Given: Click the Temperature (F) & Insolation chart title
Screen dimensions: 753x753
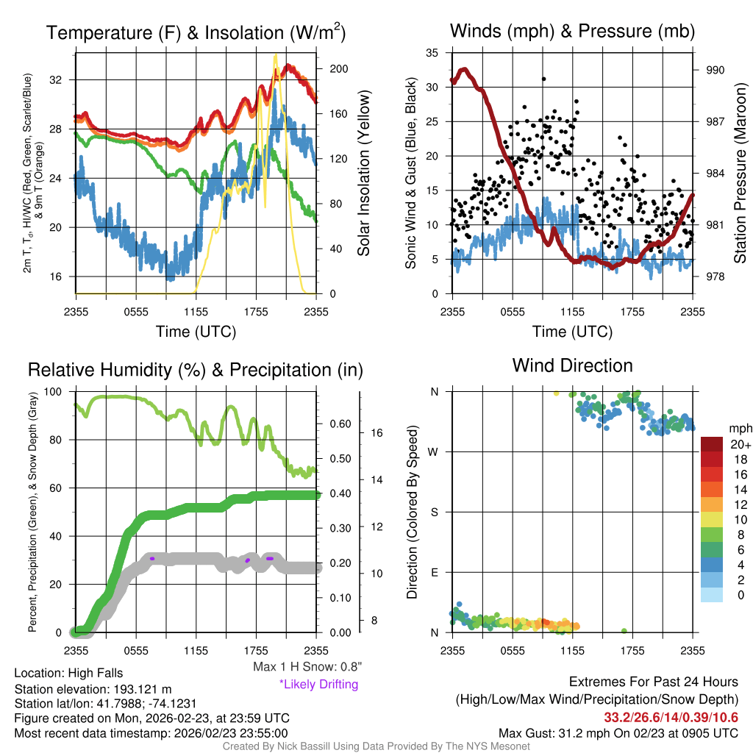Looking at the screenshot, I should click(196, 32).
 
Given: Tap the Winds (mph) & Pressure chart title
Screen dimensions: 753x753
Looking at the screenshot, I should click(572, 31).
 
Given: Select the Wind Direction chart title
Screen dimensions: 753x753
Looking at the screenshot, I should click(572, 365).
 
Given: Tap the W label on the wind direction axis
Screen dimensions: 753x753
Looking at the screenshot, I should click(434, 452).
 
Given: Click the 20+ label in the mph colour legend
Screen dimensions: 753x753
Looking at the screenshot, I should click(739, 444).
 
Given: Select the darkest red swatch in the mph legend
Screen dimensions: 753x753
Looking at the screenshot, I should click(712, 444).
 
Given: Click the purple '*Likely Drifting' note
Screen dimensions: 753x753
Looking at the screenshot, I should click(318, 685).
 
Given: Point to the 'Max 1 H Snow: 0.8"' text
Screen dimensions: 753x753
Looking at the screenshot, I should click(307, 667).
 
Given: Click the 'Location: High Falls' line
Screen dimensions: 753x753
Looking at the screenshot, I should click(68, 673).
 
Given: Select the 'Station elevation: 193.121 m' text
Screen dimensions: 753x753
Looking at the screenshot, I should click(93, 689).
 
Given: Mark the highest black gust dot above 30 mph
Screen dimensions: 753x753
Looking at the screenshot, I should click(543, 79).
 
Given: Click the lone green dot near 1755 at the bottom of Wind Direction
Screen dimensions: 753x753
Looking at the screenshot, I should click(624, 631).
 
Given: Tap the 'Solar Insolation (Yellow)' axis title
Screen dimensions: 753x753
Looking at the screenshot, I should click(363, 173).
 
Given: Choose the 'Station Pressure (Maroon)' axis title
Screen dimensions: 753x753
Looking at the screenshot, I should click(740, 173).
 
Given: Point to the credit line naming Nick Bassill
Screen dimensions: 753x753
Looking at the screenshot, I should click(376, 746).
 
